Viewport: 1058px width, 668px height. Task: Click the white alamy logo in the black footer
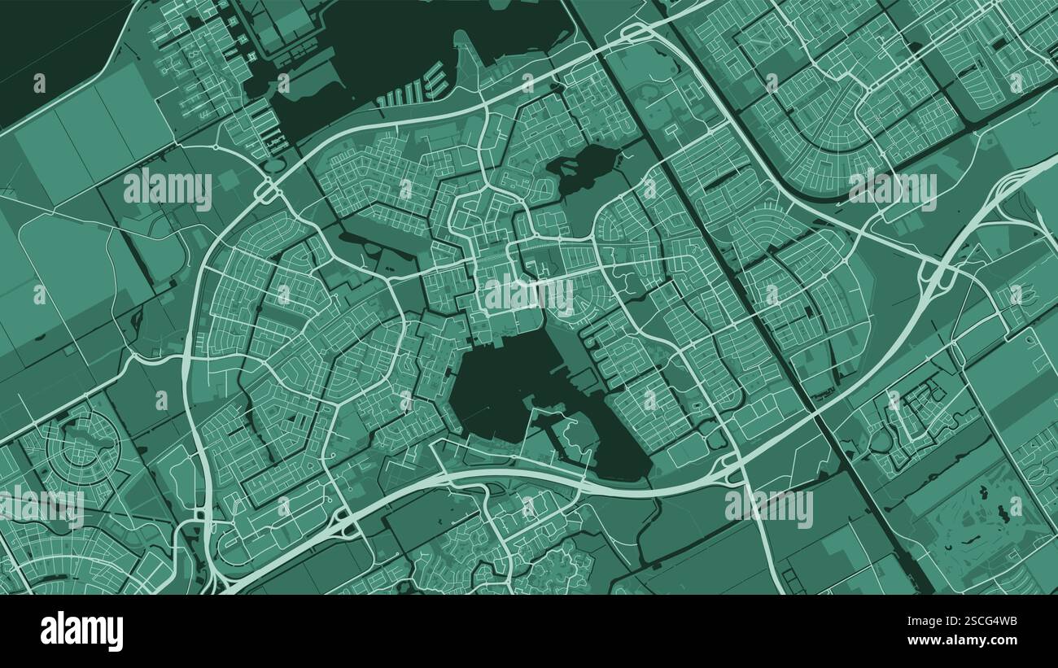81,631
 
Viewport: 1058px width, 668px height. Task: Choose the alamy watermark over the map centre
529,295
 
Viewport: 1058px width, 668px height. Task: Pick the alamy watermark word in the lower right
768,508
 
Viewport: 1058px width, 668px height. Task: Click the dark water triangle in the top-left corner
49,49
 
